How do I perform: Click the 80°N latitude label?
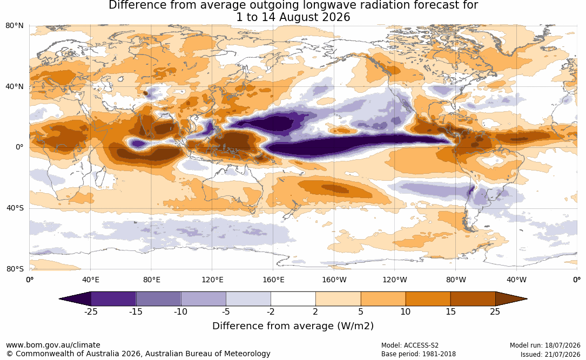tap(15, 26)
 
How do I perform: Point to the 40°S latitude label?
tap(15, 208)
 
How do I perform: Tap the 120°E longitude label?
tap(212, 280)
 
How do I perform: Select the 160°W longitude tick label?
tap(334, 280)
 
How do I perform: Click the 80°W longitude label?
tap(456, 280)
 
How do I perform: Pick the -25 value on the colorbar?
tap(91, 311)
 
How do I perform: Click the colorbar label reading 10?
tap(406, 311)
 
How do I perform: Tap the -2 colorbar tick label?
tap(271, 311)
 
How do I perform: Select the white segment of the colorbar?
tap(293, 299)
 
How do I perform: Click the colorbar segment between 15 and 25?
tap(473, 299)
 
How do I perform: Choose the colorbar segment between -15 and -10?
tap(158, 299)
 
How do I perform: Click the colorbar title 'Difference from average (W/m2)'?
tap(293, 326)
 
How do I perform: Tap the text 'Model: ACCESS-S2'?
tap(410, 345)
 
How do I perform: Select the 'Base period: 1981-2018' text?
tap(419, 354)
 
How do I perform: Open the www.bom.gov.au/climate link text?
tap(53, 345)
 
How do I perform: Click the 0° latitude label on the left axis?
tap(19, 147)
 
